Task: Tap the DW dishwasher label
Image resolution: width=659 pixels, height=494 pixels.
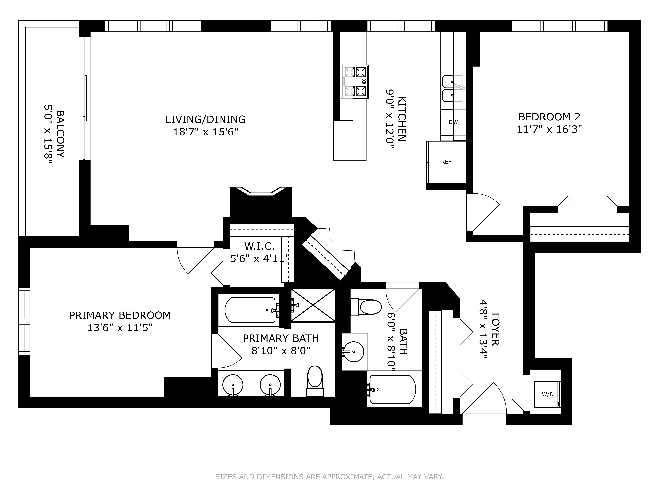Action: tap(453, 122)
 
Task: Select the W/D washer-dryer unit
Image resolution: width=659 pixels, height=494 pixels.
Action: tap(547, 394)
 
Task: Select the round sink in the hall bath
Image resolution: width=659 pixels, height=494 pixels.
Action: tap(353, 352)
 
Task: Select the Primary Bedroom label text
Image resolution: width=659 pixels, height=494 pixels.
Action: tap(120, 315)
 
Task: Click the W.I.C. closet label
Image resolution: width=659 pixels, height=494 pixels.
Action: tap(259, 246)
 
